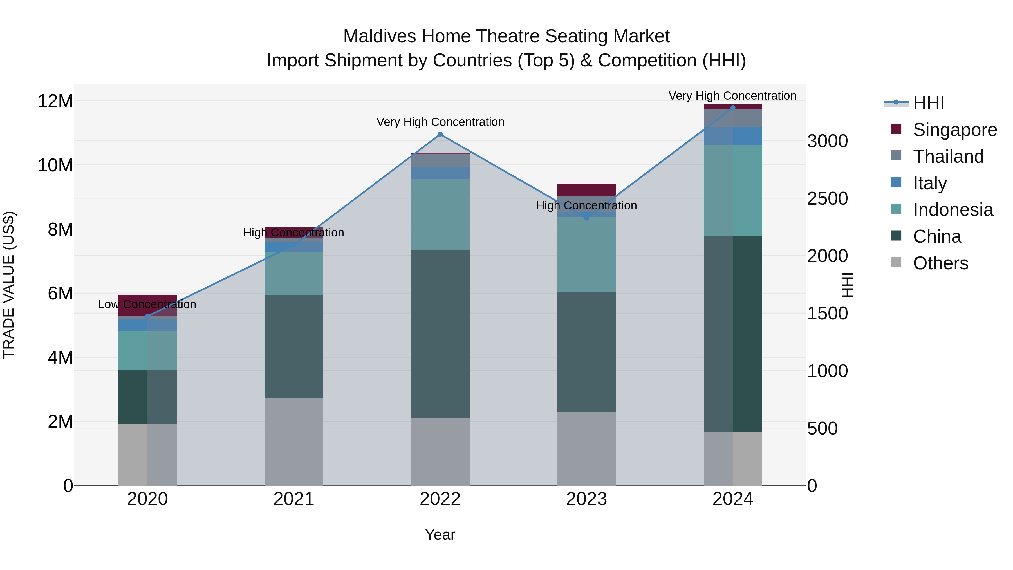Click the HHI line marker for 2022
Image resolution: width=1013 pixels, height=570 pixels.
point(440,135)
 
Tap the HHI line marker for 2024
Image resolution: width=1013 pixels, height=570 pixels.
point(733,108)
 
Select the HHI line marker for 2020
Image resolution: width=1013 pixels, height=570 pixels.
point(147,316)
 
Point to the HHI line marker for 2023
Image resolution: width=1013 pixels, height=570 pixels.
point(586,218)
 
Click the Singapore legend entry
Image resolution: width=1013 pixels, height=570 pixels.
point(954,130)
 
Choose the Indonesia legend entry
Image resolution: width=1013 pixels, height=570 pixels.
point(953,210)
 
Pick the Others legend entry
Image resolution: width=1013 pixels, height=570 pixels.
point(940,263)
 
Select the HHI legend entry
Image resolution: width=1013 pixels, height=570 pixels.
point(928,103)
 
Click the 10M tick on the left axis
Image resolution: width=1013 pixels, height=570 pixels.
point(55,165)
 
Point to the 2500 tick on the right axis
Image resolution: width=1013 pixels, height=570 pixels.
point(827,199)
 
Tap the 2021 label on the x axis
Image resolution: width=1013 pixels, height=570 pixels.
point(294,499)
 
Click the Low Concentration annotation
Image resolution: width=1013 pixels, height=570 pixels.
point(147,305)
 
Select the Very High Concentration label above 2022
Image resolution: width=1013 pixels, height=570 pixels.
point(440,122)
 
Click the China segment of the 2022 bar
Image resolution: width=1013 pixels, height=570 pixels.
point(440,334)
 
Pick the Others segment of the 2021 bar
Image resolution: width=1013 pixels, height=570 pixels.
point(294,441)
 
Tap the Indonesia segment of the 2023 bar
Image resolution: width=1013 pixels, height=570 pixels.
point(586,254)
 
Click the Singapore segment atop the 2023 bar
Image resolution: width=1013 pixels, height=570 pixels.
point(586,190)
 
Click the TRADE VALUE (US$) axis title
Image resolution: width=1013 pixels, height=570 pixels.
point(9,285)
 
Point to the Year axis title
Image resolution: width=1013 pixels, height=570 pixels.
point(440,535)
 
